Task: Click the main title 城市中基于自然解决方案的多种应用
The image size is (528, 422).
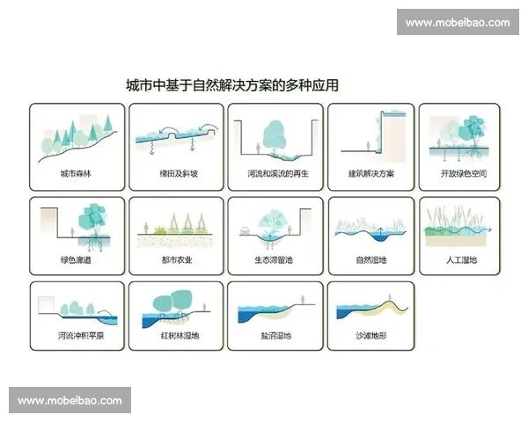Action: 232,86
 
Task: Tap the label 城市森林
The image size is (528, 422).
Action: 76,174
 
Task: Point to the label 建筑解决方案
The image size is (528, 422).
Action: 370,174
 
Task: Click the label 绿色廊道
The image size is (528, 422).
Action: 76,260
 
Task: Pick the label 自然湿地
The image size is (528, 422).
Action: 370,260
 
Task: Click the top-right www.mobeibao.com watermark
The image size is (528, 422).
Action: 457,22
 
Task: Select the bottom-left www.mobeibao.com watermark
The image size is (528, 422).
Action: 70,400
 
